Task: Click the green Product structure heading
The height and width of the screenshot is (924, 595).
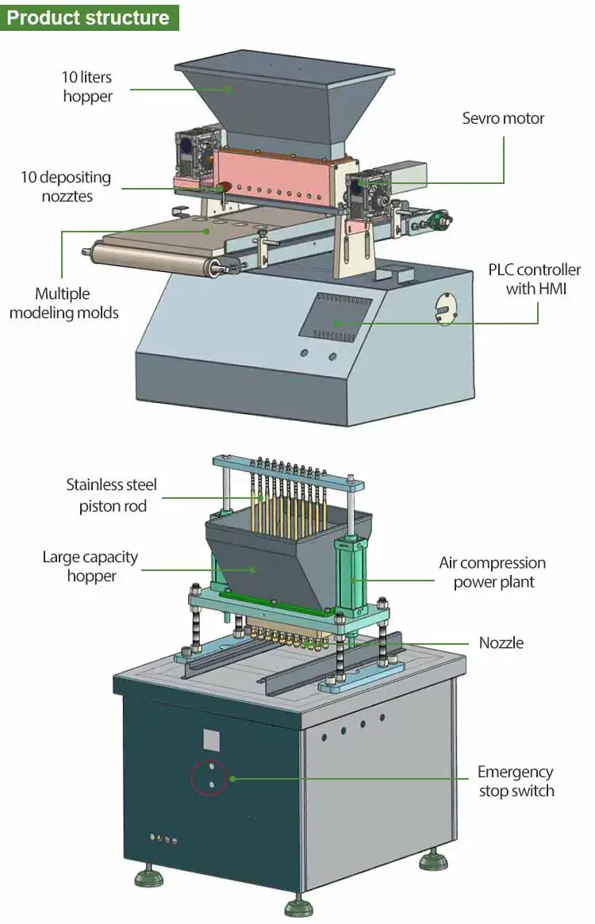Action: click(x=89, y=17)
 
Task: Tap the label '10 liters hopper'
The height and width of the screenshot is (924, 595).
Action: click(x=87, y=87)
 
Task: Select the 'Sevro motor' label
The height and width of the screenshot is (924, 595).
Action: click(x=503, y=118)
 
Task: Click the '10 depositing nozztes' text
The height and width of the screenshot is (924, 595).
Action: click(x=66, y=186)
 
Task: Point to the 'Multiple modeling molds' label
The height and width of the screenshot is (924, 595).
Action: click(x=64, y=303)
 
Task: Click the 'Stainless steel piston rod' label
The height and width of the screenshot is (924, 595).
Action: click(x=112, y=495)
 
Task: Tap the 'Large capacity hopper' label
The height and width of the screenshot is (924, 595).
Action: click(x=90, y=566)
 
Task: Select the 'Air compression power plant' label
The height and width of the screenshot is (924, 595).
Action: click(x=492, y=572)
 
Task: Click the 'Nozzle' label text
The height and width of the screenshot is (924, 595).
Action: click(x=501, y=642)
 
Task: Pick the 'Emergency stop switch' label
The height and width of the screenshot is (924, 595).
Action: click(x=515, y=781)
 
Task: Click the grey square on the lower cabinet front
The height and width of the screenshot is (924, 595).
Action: click(x=211, y=739)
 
